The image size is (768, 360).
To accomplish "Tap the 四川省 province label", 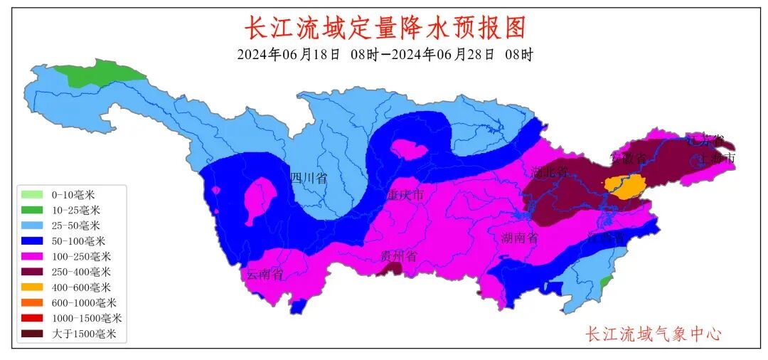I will [309, 178].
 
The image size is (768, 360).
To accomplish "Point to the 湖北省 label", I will [550, 171].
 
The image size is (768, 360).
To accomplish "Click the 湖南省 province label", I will [518, 238].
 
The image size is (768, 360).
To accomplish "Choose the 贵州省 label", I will [398, 256].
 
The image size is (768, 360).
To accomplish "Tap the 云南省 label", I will [265, 275].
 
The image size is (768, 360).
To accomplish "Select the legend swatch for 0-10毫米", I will [33, 194].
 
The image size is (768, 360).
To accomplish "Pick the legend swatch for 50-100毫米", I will [33, 241].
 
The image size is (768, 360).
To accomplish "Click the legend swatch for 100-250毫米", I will [33, 256].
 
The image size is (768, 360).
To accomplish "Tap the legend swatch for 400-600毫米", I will [33, 287].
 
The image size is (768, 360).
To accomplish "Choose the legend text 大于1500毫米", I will [84, 334].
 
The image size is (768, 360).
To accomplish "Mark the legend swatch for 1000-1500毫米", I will [33, 318].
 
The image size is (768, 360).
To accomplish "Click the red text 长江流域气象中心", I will [653, 333].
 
